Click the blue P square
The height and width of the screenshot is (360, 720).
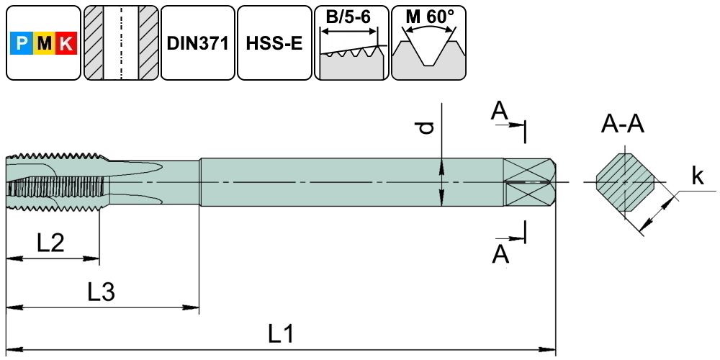[x=22, y=45]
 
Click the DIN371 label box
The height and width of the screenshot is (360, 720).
[x=197, y=43]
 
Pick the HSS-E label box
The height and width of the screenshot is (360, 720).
[x=274, y=43]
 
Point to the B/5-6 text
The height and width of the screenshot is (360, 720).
[x=350, y=17]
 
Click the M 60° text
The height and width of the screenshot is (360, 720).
[x=429, y=17]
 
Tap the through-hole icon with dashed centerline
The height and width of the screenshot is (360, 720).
[x=120, y=43]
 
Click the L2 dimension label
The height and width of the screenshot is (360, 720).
[x=51, y=242]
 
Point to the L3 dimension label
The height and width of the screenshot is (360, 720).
[x=102, y=292]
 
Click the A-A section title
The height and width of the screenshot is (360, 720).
[x=623, y=125]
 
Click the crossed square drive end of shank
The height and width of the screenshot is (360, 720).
[x=528, y=182]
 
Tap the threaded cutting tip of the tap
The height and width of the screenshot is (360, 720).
[x=54, y=182]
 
